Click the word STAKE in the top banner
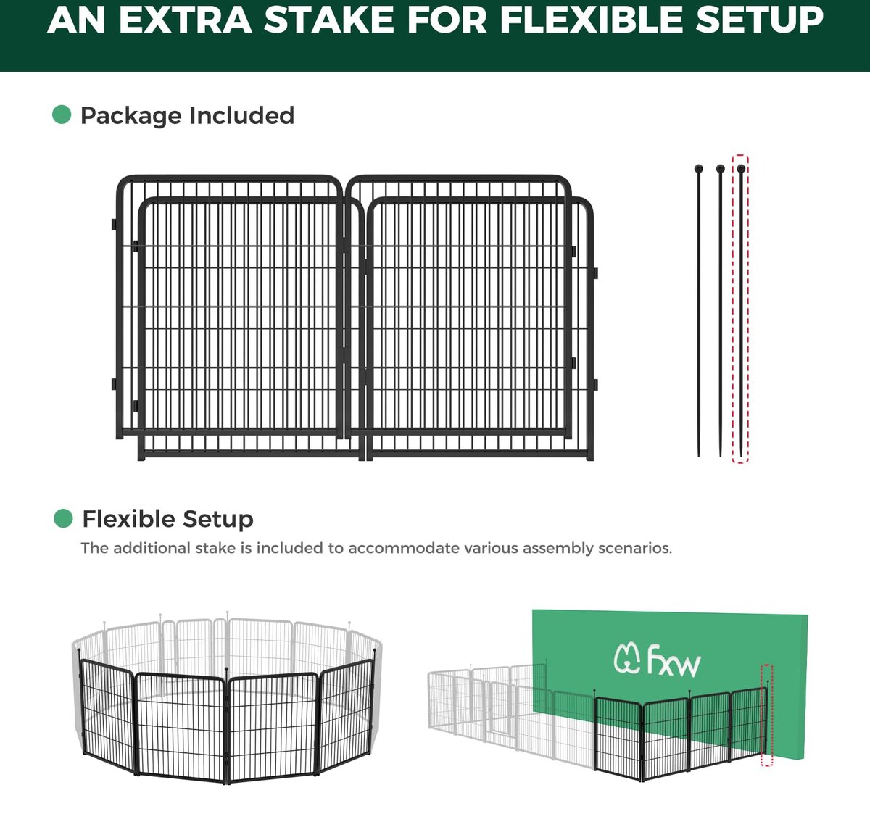coord(328,20)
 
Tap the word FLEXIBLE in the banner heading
coord(591,20)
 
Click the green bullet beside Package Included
coord(62,115)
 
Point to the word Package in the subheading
coord(131,116)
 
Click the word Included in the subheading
coord(241,115)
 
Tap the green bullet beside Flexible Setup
coord(63,518)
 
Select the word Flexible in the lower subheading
coord(129,518)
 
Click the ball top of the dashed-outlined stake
coord(741,168)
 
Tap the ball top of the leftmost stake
coord(699,168)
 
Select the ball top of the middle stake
coord(720,168)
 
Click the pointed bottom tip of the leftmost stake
coord(699,457)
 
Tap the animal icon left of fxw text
coord(627,658)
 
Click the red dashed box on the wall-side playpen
coord(767,715)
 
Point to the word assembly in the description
coord(558,549)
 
